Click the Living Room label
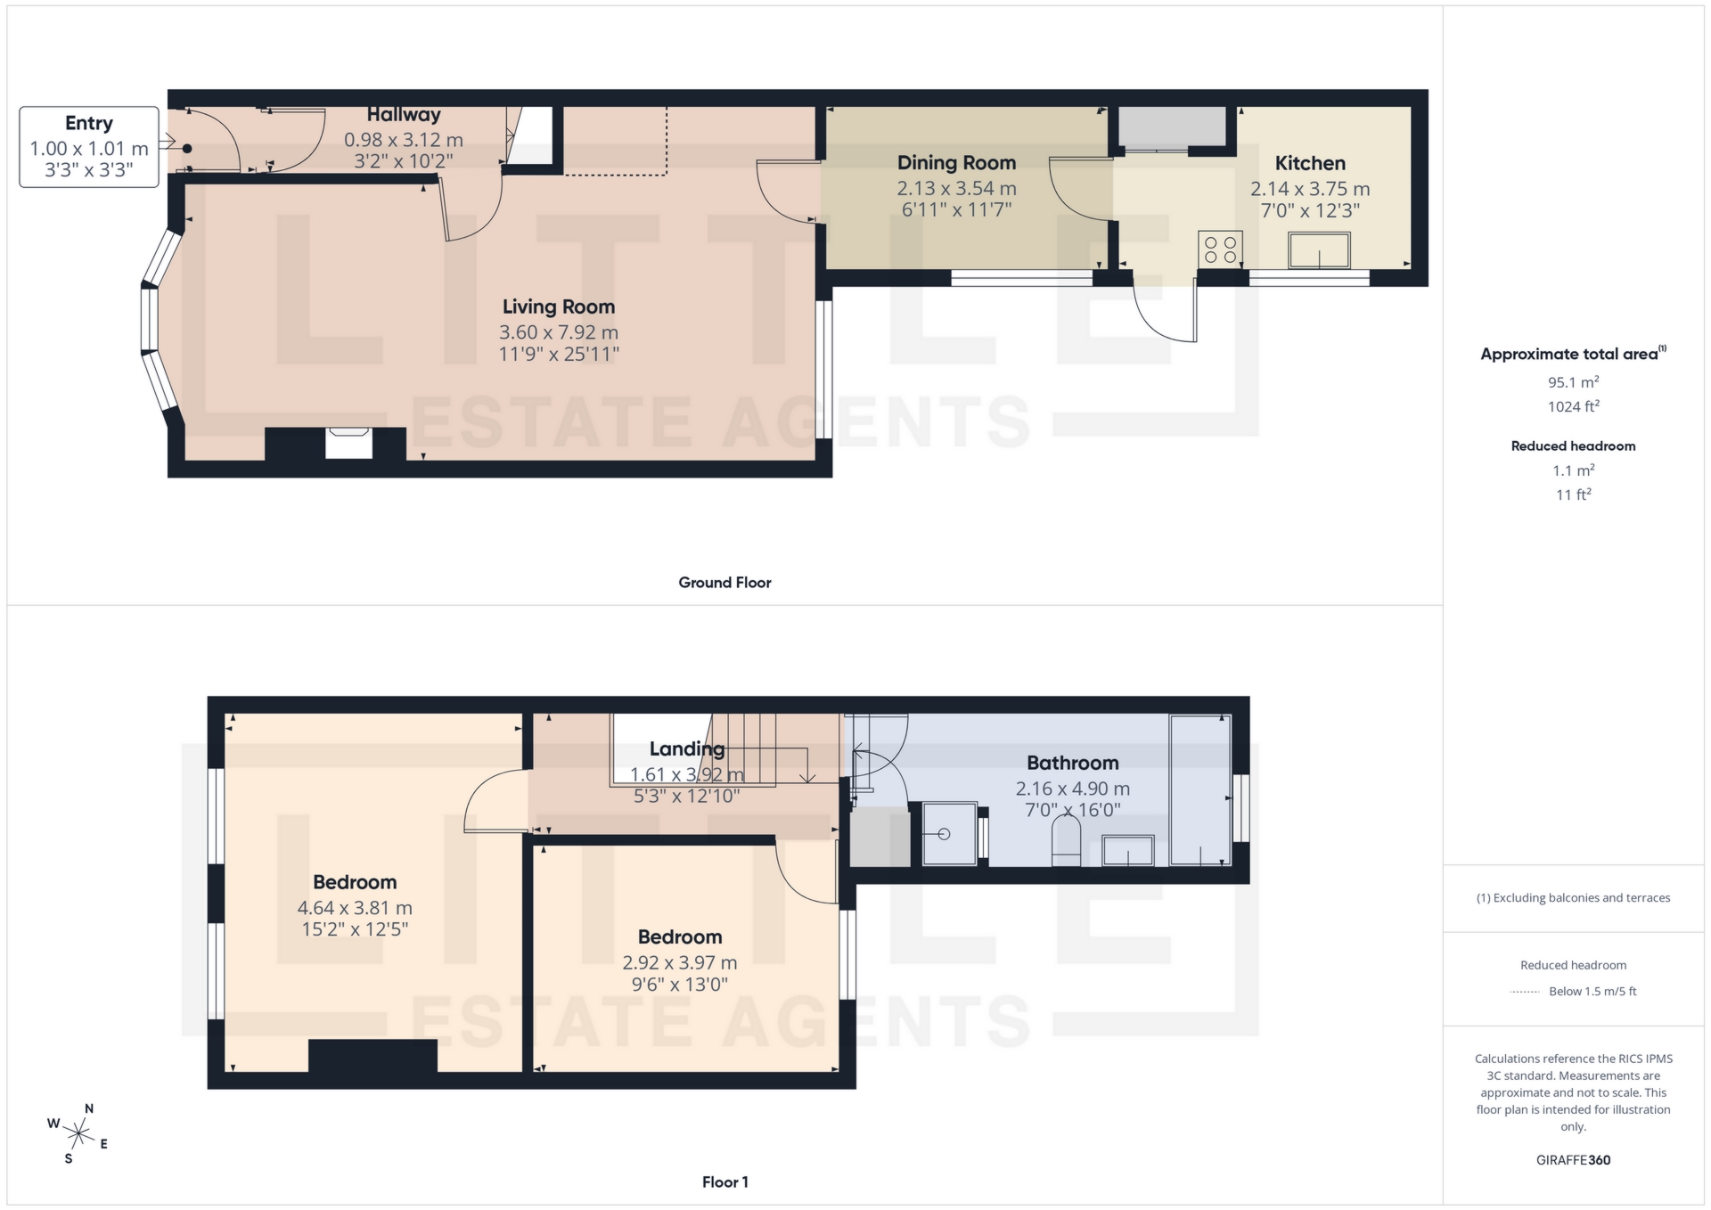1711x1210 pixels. pos(558,307)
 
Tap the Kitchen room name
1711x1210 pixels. pos(1309,163)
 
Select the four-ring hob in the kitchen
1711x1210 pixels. pos(1220,249)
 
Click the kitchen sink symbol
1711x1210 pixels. pos(1319,250)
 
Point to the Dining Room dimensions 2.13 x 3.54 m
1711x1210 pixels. pos(956,188)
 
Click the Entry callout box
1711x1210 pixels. pos(89,147)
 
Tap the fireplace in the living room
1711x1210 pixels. pos(348,443)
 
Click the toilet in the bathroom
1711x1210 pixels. pos(1066,841)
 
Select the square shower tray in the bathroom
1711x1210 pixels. pos(948,834)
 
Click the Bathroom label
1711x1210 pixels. pos(1072,763)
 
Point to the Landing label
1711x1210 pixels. pos(686,748)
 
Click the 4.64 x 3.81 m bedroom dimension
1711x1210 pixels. pos(355,908)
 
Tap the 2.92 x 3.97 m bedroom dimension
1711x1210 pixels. pos(679,962)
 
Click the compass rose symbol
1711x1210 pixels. pos(79,1133)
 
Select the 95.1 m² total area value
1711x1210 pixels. pos(1573,382)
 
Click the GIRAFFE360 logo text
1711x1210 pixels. pos(1573,1160)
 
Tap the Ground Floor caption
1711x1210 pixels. pos(725,583)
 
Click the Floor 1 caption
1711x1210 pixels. pos(725,1182)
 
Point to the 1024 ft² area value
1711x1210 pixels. pos(1573,406)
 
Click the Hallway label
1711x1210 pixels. pos(404,115)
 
